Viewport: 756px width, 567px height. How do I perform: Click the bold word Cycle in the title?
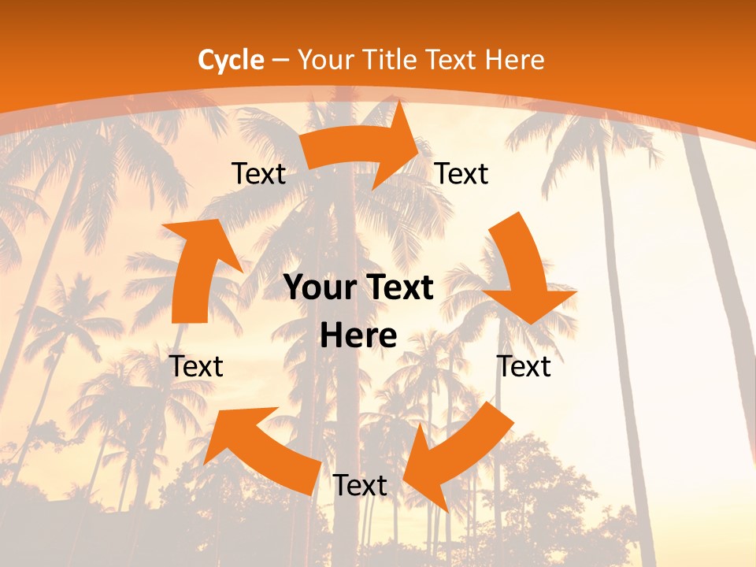point(231,60)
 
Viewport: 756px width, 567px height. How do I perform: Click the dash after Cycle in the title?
point(280,60)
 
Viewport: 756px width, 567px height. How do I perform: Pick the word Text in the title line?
point(451,60)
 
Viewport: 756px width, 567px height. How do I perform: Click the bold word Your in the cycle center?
point(322,288)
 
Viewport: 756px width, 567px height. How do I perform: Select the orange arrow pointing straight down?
point(524,272)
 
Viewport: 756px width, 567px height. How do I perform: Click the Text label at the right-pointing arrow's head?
point(461,173)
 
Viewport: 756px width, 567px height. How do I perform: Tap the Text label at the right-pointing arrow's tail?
point(258,173)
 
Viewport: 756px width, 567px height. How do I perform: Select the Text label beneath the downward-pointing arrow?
point(524,366)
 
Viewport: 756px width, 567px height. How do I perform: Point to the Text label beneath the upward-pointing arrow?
point(196,366)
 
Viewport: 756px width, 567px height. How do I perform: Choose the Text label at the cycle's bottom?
point(360,485)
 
